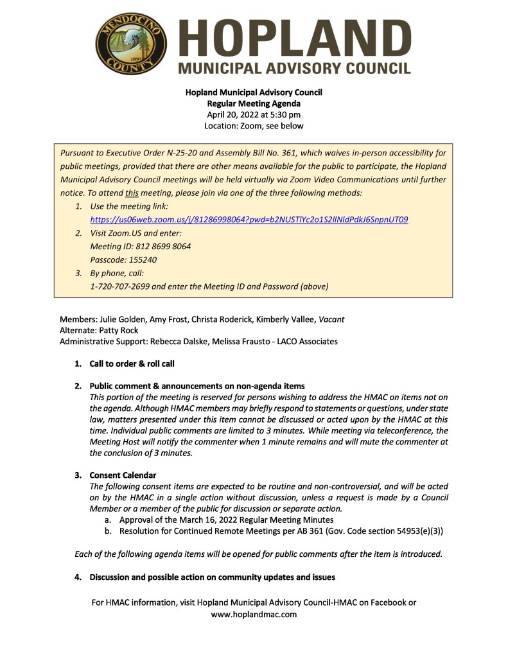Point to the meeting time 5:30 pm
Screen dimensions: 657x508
point(283,114)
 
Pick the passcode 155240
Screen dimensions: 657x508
point(141,260)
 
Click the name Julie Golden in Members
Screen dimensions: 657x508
point(121,319)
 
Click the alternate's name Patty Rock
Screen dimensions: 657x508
point(118,330)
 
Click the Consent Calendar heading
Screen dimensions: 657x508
point(123,475)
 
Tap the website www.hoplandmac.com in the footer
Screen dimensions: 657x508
point(254,614)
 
